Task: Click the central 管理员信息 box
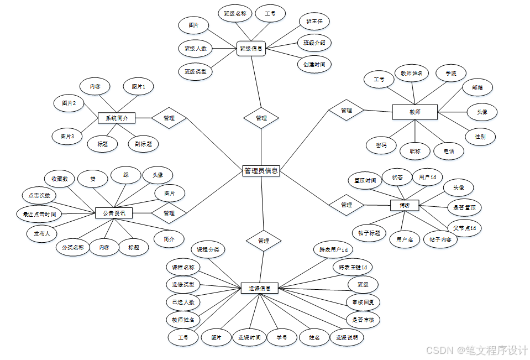[261, 171]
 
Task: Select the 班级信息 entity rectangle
[251, 48]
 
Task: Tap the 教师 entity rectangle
[414, 112]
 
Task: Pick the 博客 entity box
[405, 205]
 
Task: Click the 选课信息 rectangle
[259, 288]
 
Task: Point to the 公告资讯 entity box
[114, 213]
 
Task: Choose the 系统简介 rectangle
[117, 118]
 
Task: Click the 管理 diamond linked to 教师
[347, 111]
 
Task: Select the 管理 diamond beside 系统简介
[169, 118]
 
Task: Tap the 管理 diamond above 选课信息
[264, 241]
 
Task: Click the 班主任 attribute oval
[314, 22]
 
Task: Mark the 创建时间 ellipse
[314, 64]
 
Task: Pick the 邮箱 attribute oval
[477, 87]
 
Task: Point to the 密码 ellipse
[381, 145]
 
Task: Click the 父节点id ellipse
[464, 228]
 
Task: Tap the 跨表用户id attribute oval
[333, 249]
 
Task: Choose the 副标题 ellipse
[143, 144]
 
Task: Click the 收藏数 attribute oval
[60, 179]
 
